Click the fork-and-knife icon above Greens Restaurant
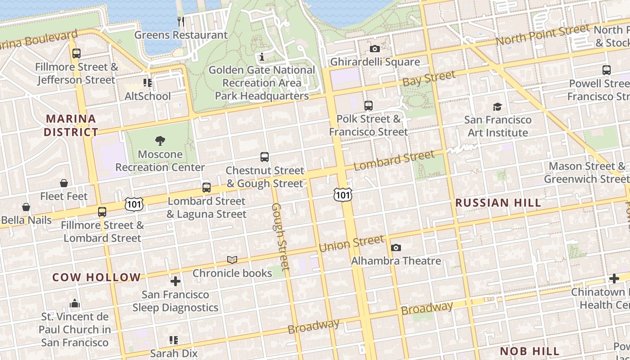[181, 21]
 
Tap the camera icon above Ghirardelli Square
[374, 49]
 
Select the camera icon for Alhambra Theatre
[396, 247]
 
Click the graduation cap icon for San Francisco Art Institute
[497, 107]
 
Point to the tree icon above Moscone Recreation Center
[160, 141]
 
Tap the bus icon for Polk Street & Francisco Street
[369, 106]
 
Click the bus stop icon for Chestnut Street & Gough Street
[265, 157]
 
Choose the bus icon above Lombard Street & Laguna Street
[207, 188]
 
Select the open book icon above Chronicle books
[232, 260]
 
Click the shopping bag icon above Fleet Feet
[64, 183]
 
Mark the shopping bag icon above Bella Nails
[26, 207]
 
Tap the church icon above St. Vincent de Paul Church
[75, 303]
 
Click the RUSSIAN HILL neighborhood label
[498, 203]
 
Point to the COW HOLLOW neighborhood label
[96, 277]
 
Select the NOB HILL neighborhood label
[530, 351]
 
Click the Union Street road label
[351, 243]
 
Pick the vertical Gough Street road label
[279, 237]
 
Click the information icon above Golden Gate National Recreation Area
[262, 57]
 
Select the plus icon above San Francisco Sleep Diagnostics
[175, 282]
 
